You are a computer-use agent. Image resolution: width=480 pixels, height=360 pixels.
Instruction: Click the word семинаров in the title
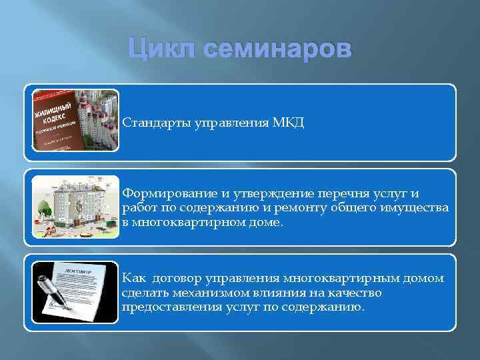click(x=275, y=50)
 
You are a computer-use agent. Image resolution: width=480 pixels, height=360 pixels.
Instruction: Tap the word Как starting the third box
click(x=133, y=279)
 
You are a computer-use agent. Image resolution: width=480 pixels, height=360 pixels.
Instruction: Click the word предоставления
click(x=165, y=308)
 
